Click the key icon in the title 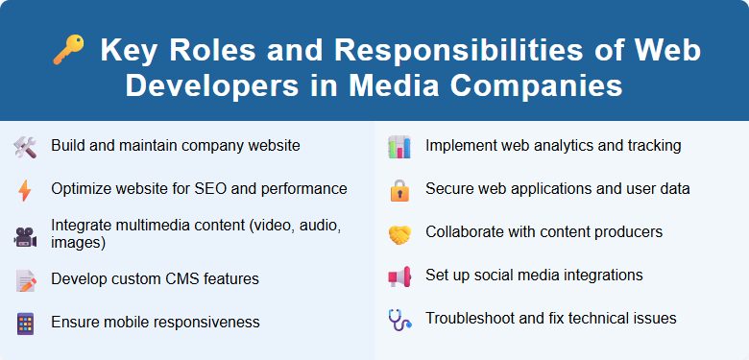coord(68,51)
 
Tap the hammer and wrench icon coord(25,147)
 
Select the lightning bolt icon coord(25,190)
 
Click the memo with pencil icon coord(25,279)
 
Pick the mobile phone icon coord(25,323)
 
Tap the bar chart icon coord(399,147)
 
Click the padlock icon coord(399,190)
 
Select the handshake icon coord(399,233)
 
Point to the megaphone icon coord(399,276)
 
